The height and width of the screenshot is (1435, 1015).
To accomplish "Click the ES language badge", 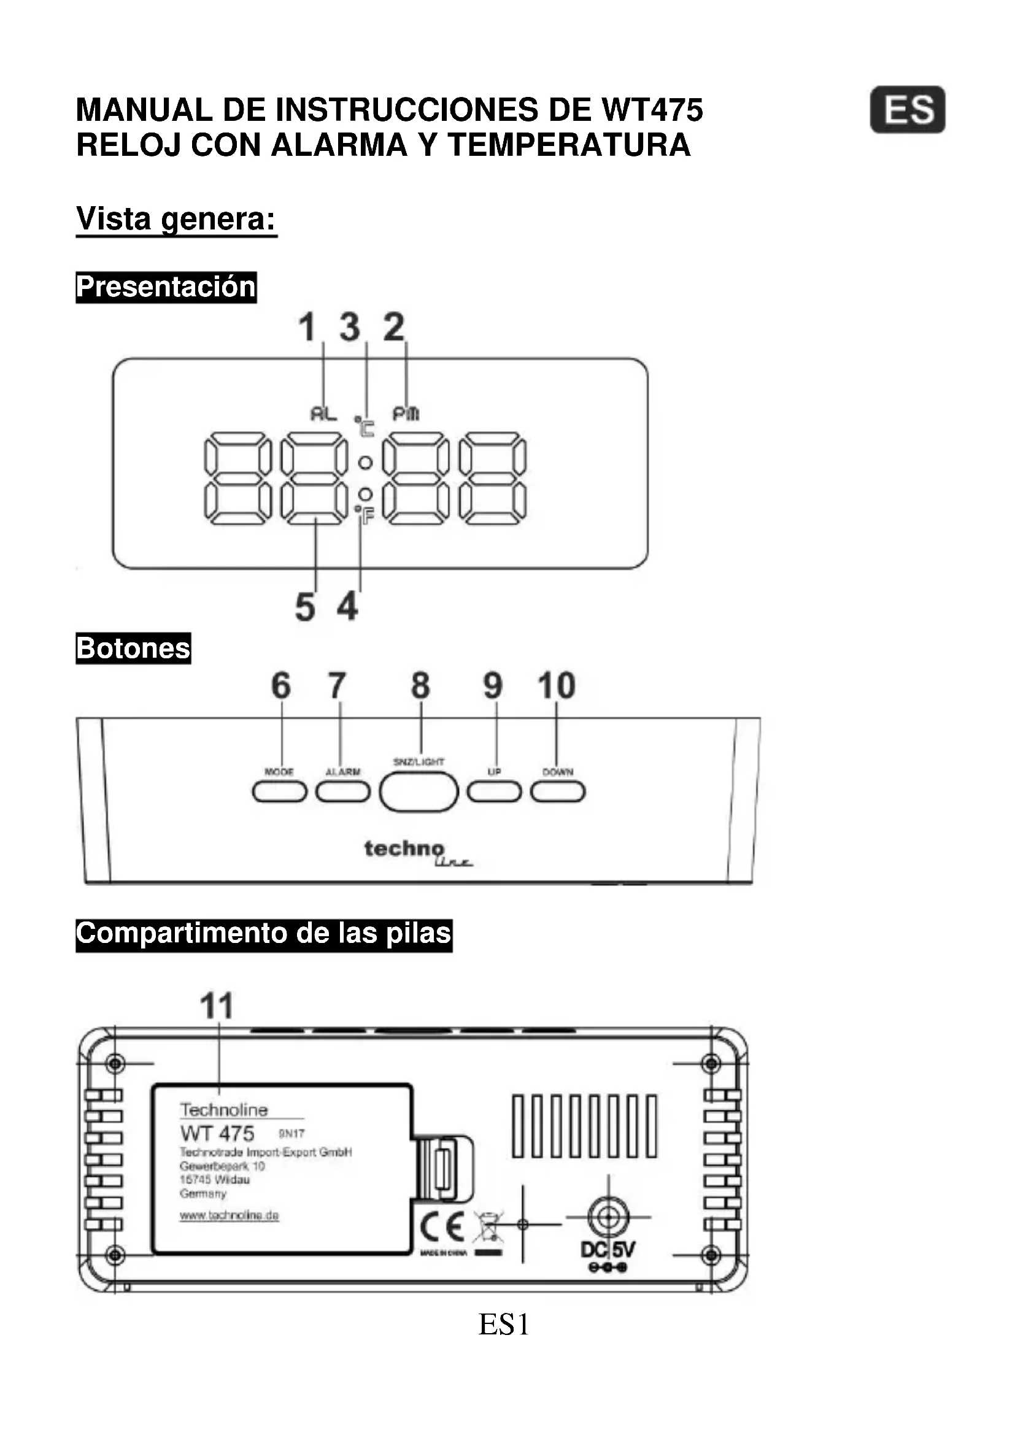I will [907, 110].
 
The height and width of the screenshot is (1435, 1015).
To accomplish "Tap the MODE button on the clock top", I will [279, 792].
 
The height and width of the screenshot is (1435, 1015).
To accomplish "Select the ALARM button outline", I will [342, 792].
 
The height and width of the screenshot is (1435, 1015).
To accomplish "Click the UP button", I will [494, 792].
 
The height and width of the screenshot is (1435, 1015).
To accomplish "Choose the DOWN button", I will [557, 792].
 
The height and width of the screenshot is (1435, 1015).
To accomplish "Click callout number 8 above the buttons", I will [420, 686].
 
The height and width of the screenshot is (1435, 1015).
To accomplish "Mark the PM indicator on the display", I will [406, 414].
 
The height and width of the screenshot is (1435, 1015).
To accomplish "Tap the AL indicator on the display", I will [324, 414].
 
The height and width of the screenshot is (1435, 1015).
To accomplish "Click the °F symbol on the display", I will [365, 515].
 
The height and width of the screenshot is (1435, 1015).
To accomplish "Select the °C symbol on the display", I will [365, 426].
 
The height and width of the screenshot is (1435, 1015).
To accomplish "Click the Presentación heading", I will [166, 288].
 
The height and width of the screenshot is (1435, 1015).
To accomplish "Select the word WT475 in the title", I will [652, 110].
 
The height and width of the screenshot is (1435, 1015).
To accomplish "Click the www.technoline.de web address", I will [229, 1215].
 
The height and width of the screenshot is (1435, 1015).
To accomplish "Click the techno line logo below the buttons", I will [417, 852].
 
